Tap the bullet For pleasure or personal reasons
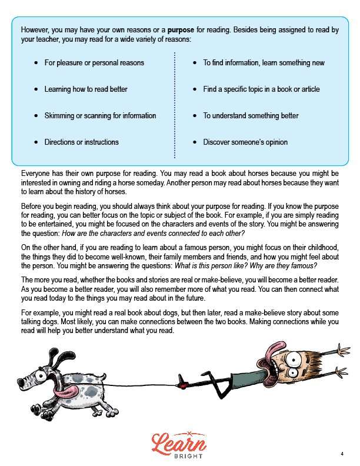click(x=94, y=62)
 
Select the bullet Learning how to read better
click(x=86, y=89)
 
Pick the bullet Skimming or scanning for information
click(x=100, y=115)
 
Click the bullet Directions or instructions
click(x=81, y=142)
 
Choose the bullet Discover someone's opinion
click(x=245, y=142)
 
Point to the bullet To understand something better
click(x=251, y=115)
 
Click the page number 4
click(x=342, y=454)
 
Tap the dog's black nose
click(x=21, y=383)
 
